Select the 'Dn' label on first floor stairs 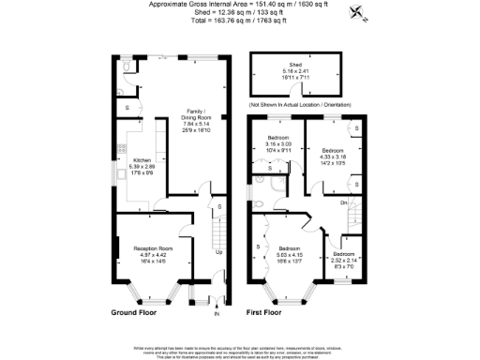pyautogui.click(x=343, y=202)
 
